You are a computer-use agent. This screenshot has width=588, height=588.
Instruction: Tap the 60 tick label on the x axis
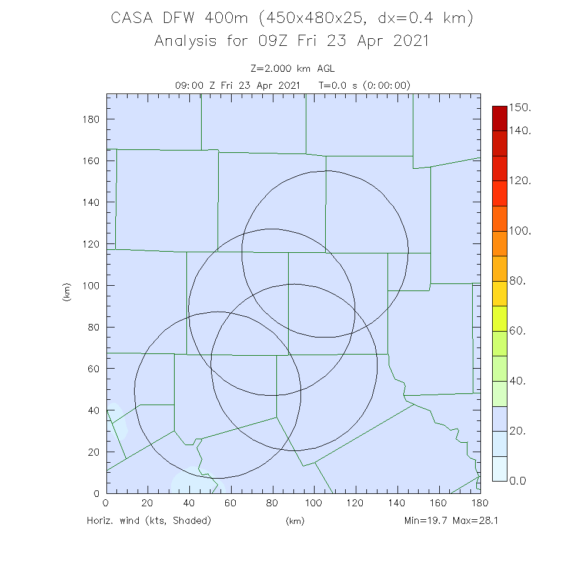[230, 503]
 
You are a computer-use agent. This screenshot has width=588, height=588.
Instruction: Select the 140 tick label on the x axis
[397, 503]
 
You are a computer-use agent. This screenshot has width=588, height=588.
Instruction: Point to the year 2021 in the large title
[407, 41]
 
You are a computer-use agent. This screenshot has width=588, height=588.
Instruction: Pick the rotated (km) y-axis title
[67, 292]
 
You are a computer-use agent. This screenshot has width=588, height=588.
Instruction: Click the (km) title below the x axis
[295, 521]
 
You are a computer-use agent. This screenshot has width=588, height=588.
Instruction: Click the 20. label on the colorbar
[518, 431]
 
